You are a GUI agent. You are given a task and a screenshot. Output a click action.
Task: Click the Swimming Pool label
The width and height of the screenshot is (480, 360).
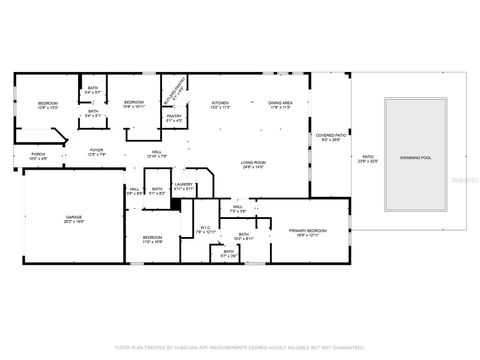416,158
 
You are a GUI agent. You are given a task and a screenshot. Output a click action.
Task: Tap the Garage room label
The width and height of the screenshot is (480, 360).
74,218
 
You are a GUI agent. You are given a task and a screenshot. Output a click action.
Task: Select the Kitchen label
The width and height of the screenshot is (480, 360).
220,106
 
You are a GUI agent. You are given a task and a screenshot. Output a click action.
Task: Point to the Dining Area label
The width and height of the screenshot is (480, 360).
280,106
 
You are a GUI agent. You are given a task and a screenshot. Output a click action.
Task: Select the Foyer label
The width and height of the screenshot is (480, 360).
97,152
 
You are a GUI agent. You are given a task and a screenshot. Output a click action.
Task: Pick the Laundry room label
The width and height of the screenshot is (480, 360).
183,186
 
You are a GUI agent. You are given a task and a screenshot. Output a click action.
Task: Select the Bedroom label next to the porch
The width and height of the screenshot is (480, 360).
48,106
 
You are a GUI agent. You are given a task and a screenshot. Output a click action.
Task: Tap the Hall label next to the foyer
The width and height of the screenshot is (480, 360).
153,155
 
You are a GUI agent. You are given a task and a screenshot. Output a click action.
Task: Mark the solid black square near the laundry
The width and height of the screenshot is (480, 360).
174,204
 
